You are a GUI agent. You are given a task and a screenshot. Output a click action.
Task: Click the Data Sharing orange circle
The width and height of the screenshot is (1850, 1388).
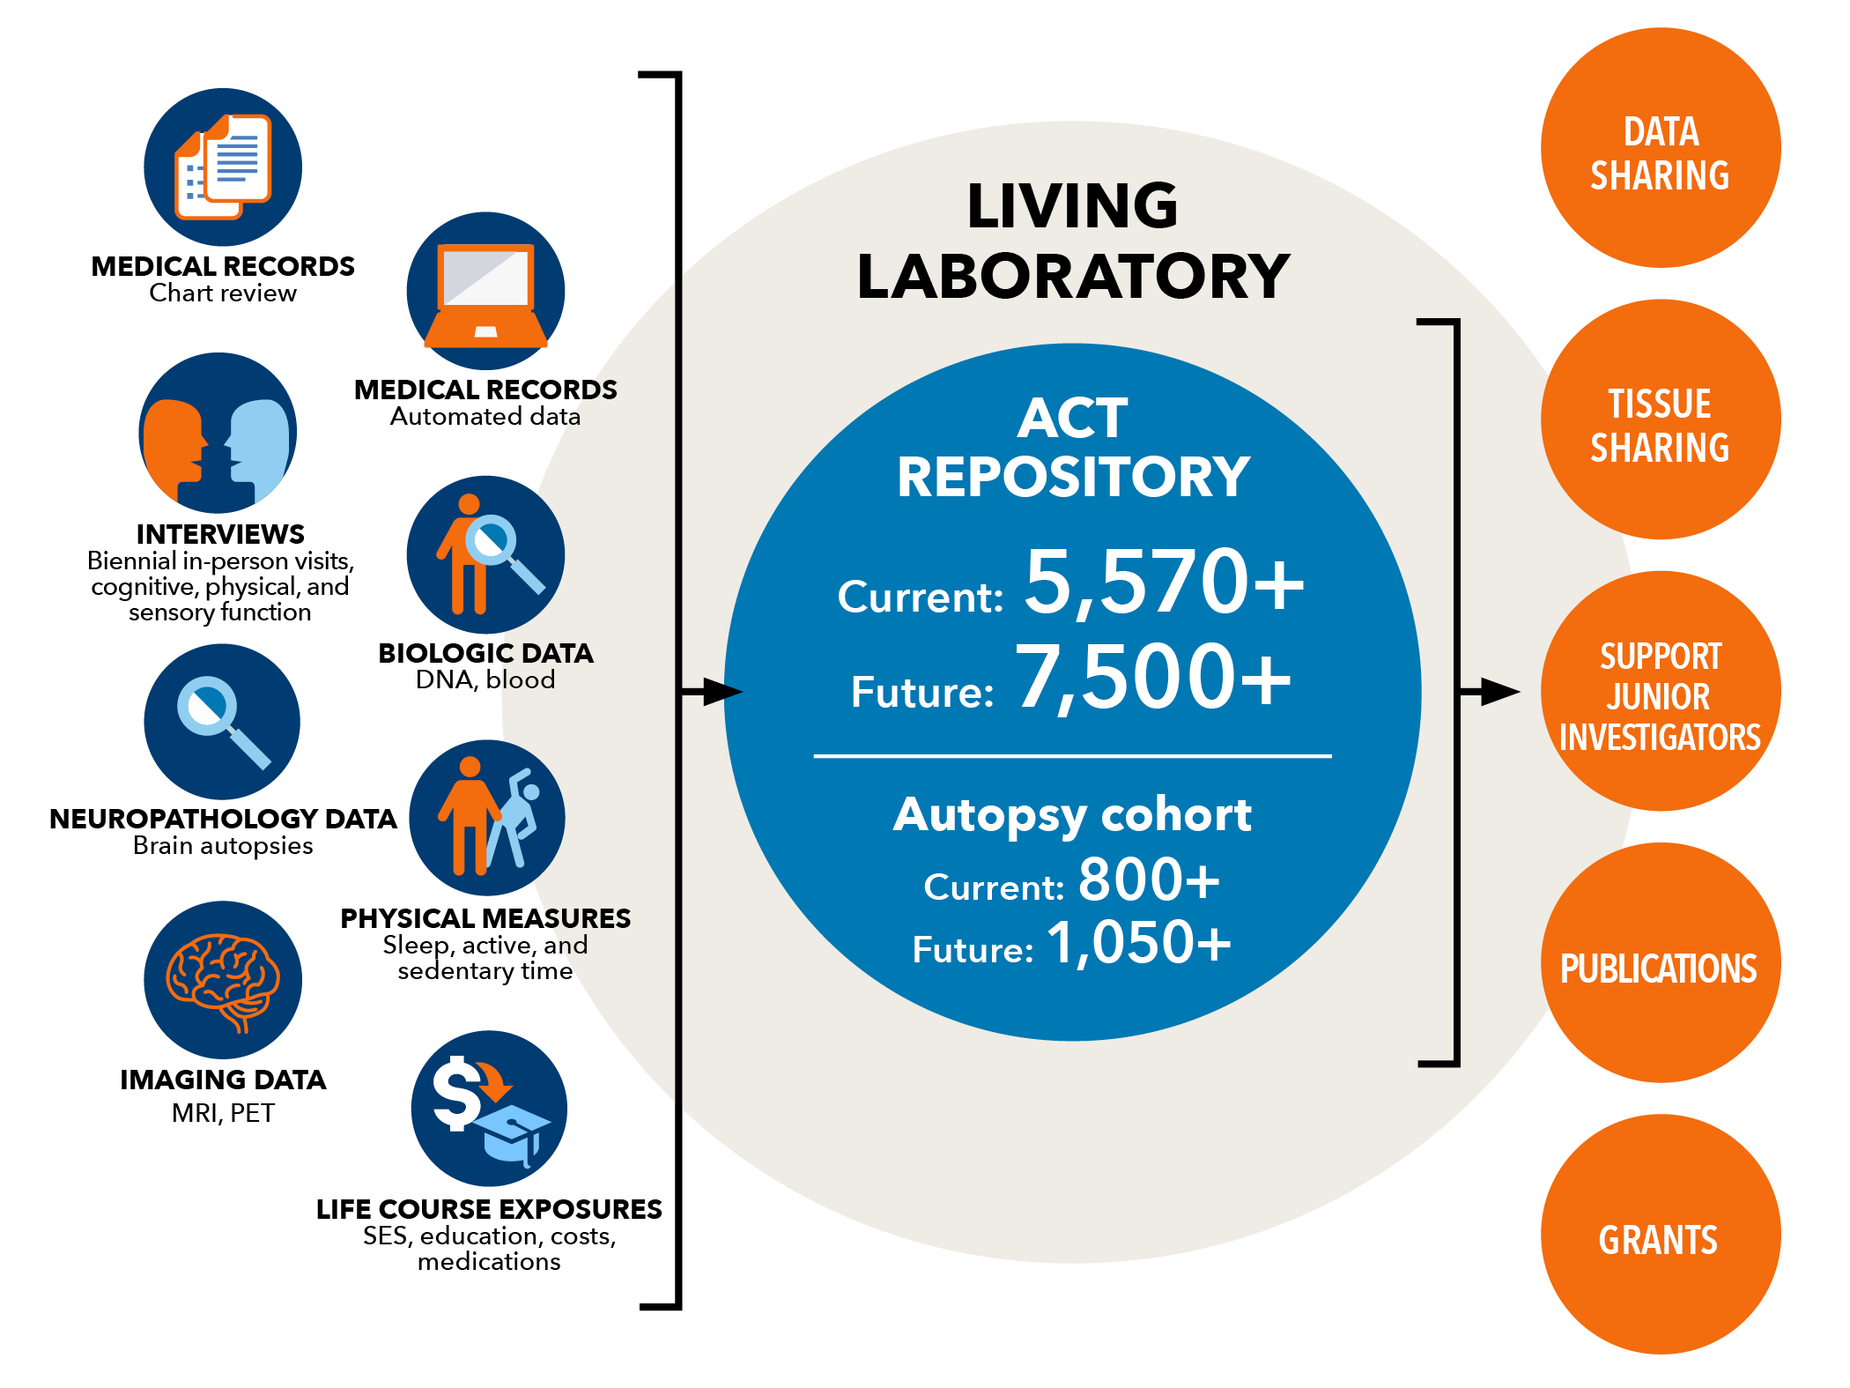click(1660, 148)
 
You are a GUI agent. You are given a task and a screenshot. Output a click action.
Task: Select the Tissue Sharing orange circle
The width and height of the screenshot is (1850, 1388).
click(1660, 419)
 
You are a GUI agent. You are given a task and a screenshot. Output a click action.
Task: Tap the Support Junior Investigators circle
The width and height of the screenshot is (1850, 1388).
click(1660, 691)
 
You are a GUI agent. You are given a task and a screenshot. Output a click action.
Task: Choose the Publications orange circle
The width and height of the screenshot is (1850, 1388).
click(1660, 962)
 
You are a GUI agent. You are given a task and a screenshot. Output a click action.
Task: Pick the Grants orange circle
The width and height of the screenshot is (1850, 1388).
click(1660, 1234)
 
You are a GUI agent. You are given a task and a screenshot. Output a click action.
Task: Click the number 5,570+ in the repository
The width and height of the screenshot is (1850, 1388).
click(1164, 583)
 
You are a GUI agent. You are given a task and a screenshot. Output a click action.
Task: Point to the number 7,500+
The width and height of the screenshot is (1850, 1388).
click(1154, 679)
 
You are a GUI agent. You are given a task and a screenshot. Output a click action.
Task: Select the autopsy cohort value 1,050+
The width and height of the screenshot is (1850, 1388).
click(1139, 943)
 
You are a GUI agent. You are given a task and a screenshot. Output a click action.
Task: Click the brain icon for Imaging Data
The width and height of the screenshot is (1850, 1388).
click(223, 981)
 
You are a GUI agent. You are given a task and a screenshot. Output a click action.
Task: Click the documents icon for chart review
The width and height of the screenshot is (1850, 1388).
click(223, 167)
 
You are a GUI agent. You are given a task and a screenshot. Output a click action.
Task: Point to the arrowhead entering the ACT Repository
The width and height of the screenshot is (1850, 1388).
click(723, 692)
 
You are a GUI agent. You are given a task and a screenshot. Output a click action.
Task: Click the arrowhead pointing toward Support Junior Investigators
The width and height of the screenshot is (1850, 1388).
click(1500, 692)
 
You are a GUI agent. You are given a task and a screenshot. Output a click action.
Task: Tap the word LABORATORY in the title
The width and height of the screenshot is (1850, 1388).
click(1073, 277)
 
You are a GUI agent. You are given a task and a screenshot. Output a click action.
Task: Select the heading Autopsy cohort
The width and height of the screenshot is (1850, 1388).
click(1072, 815)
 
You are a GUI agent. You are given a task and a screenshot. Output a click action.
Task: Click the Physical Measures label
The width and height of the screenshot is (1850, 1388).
click(485, 918)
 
